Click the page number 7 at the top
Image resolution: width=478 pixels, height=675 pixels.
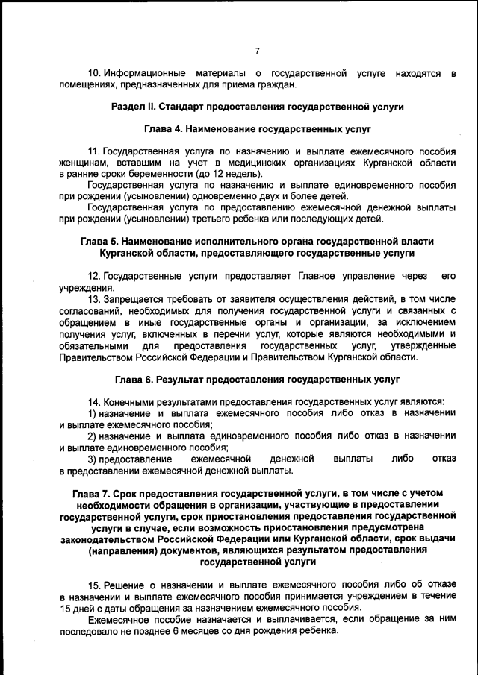coord(257,51)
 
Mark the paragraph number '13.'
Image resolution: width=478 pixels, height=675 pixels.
coord(94,298)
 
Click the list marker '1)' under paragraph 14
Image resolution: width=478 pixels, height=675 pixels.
coord(93,413)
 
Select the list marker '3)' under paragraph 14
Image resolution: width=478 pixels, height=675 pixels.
coord(93,458)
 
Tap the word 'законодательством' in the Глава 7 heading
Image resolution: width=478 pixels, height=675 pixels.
coord(114,539)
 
